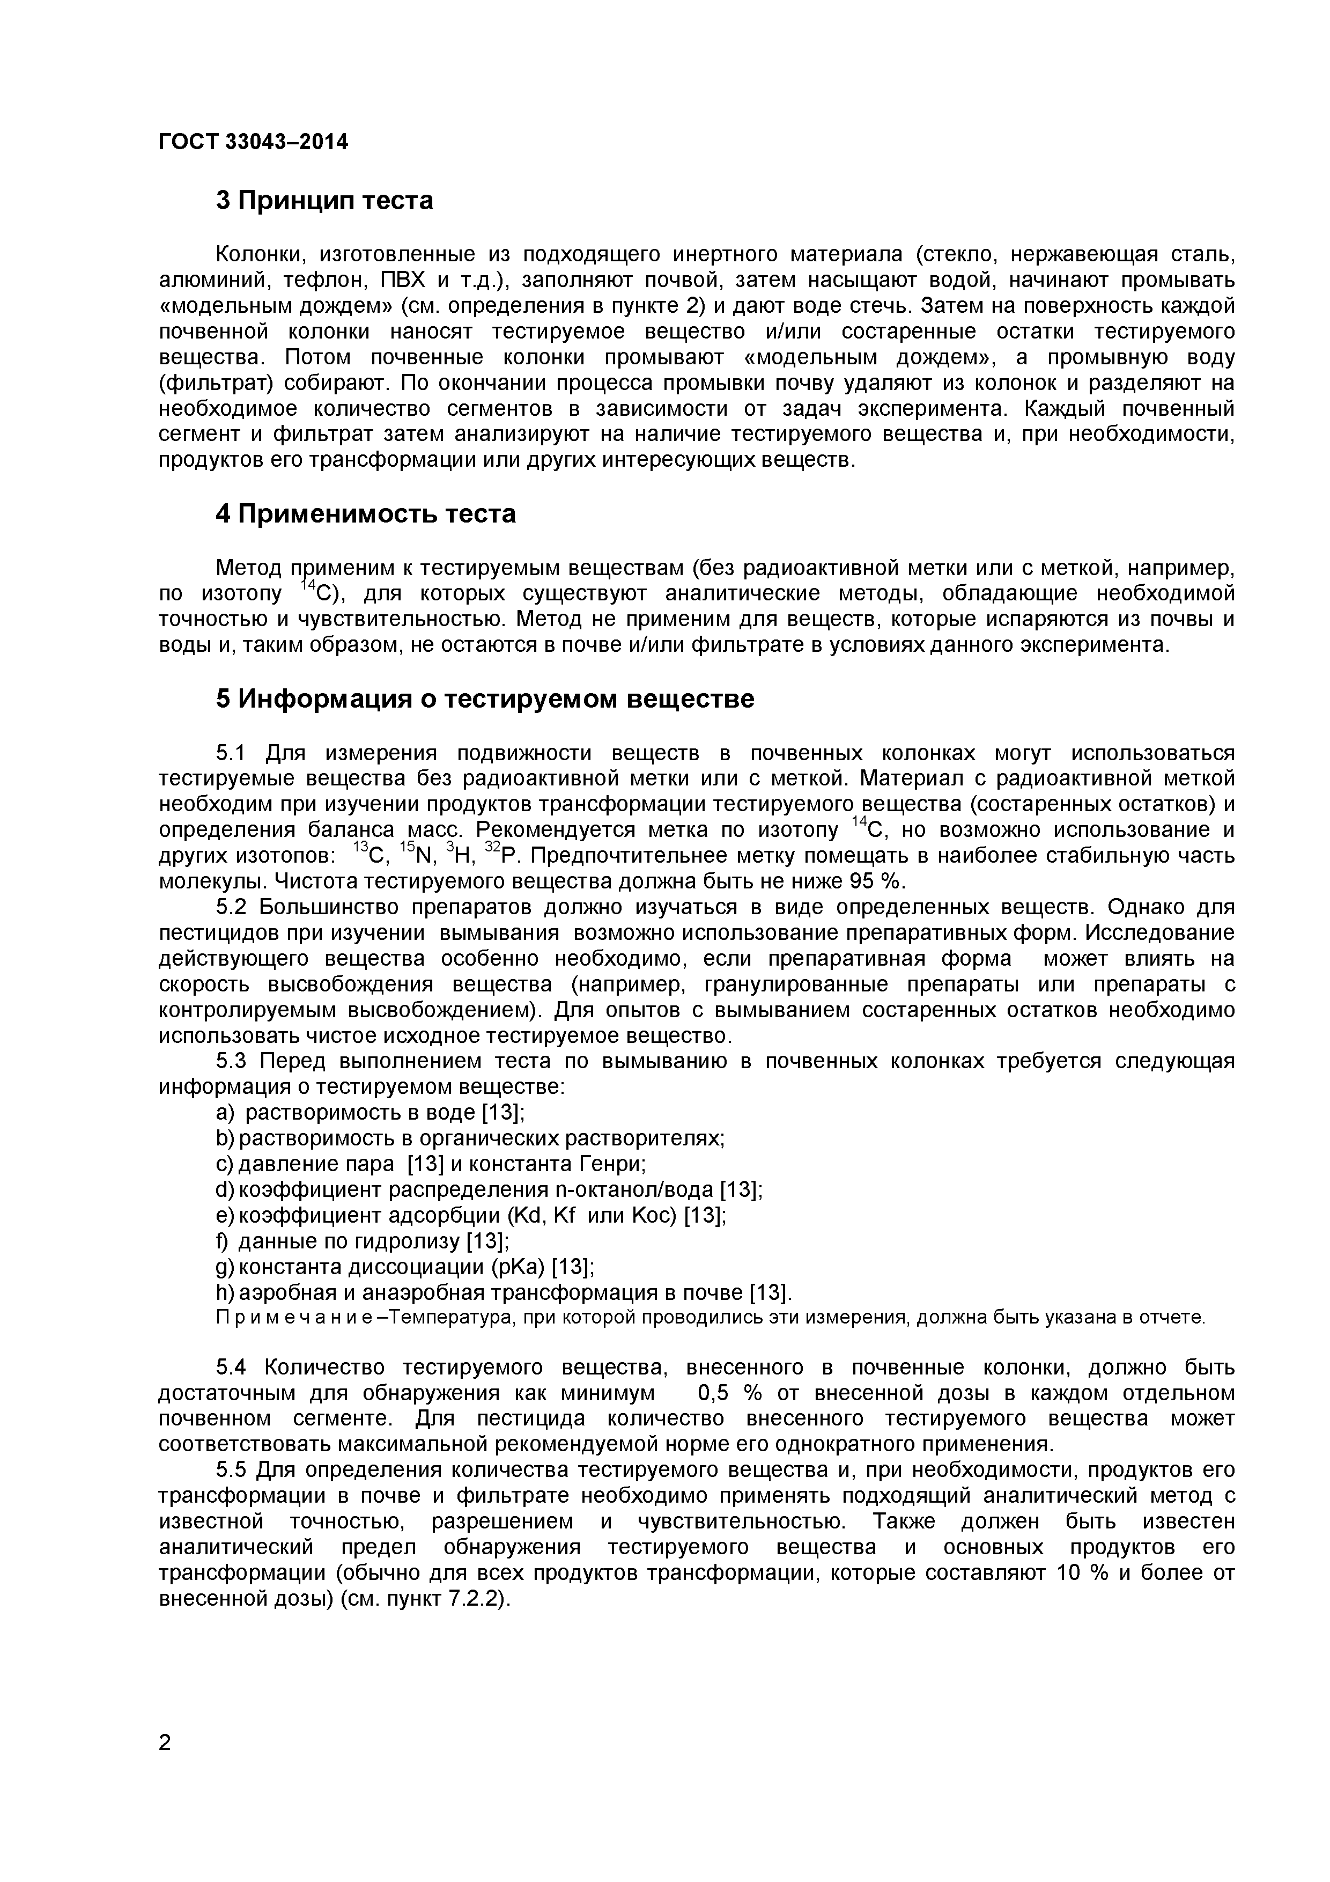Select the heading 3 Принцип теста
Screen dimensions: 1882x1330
324,200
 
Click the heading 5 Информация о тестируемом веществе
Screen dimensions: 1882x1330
484,699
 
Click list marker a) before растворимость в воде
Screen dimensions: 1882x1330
225,1112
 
